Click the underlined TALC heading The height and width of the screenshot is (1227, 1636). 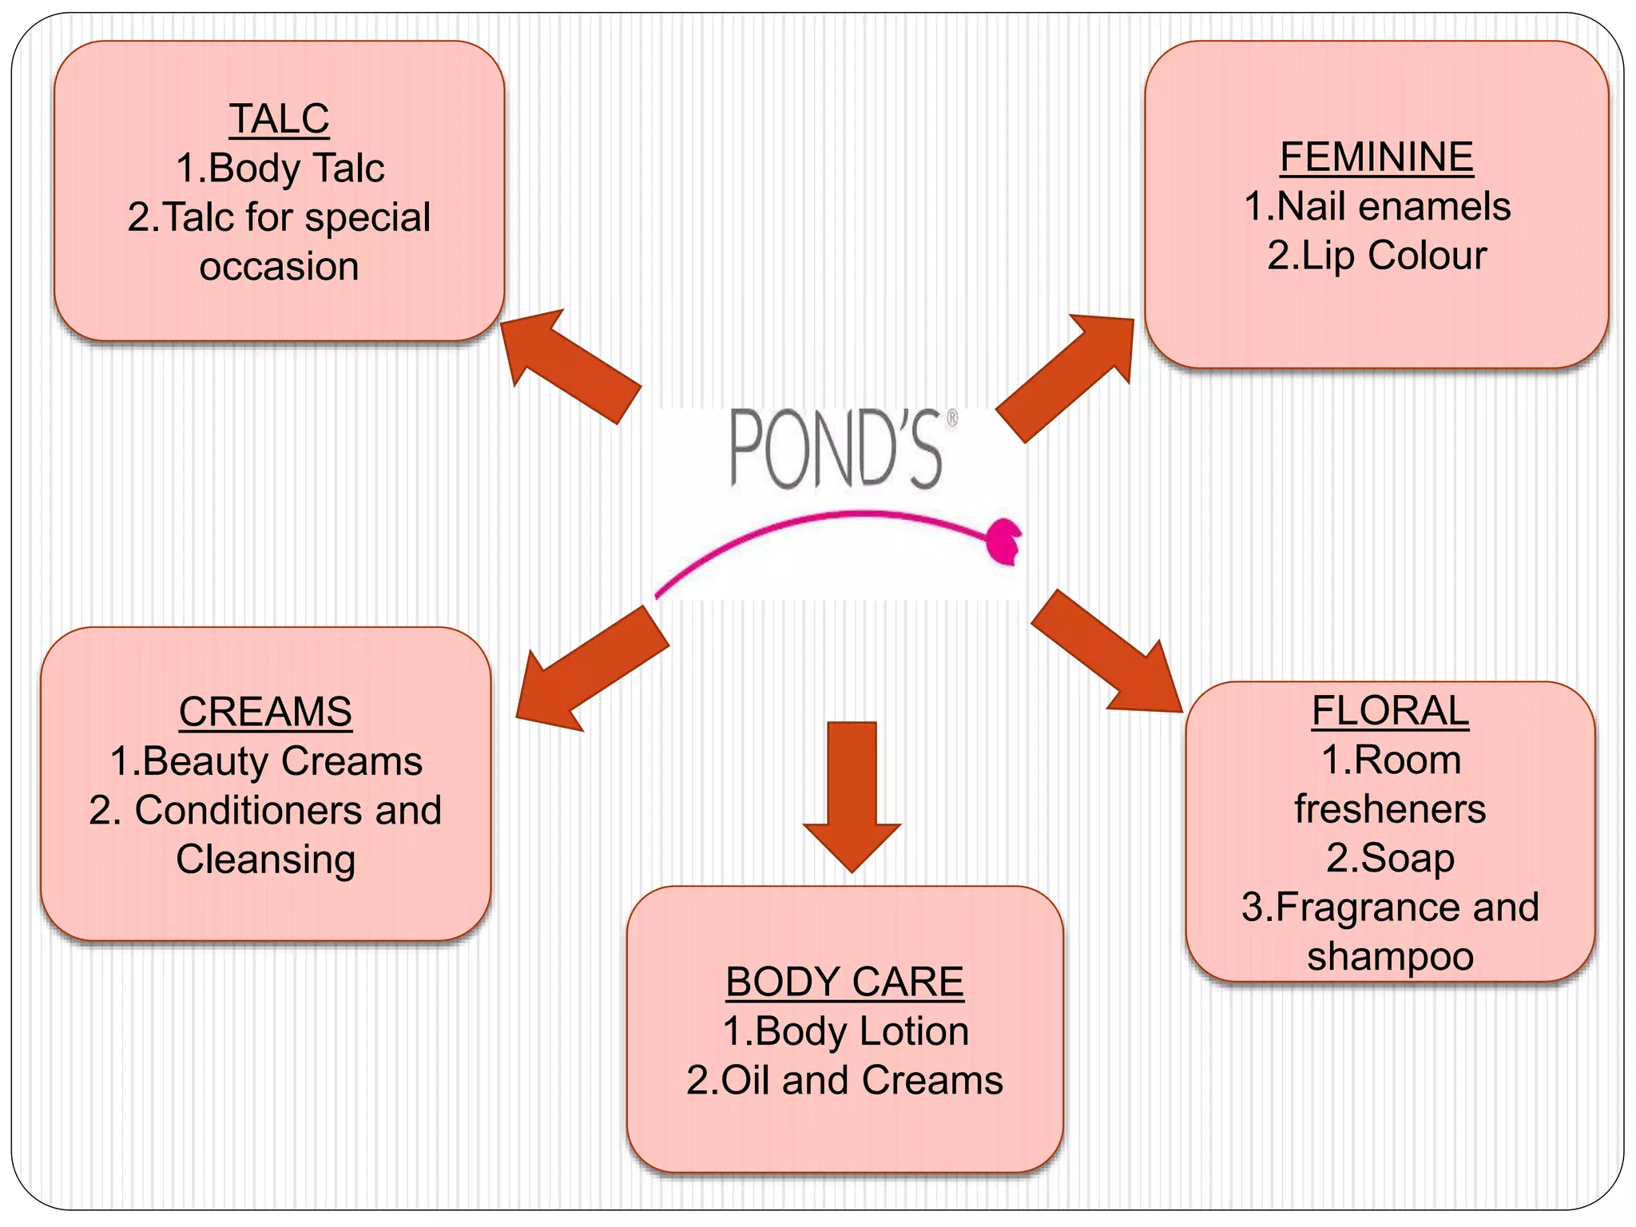279,120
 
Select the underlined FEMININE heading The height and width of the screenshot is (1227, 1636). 1376,157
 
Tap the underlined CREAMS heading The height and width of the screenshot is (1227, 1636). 265,713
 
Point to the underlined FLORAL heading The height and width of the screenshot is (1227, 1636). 1390,711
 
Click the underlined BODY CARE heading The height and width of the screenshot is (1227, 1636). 844,982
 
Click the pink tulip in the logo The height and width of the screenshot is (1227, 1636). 1003,541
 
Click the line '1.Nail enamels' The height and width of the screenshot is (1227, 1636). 1377,207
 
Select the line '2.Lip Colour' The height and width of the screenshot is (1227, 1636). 1377,256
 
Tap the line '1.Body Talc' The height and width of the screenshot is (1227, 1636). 280,169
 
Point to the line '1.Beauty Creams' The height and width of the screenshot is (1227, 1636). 266,761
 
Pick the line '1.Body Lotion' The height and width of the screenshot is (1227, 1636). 845,1031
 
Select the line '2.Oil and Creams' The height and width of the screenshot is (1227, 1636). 845,1081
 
